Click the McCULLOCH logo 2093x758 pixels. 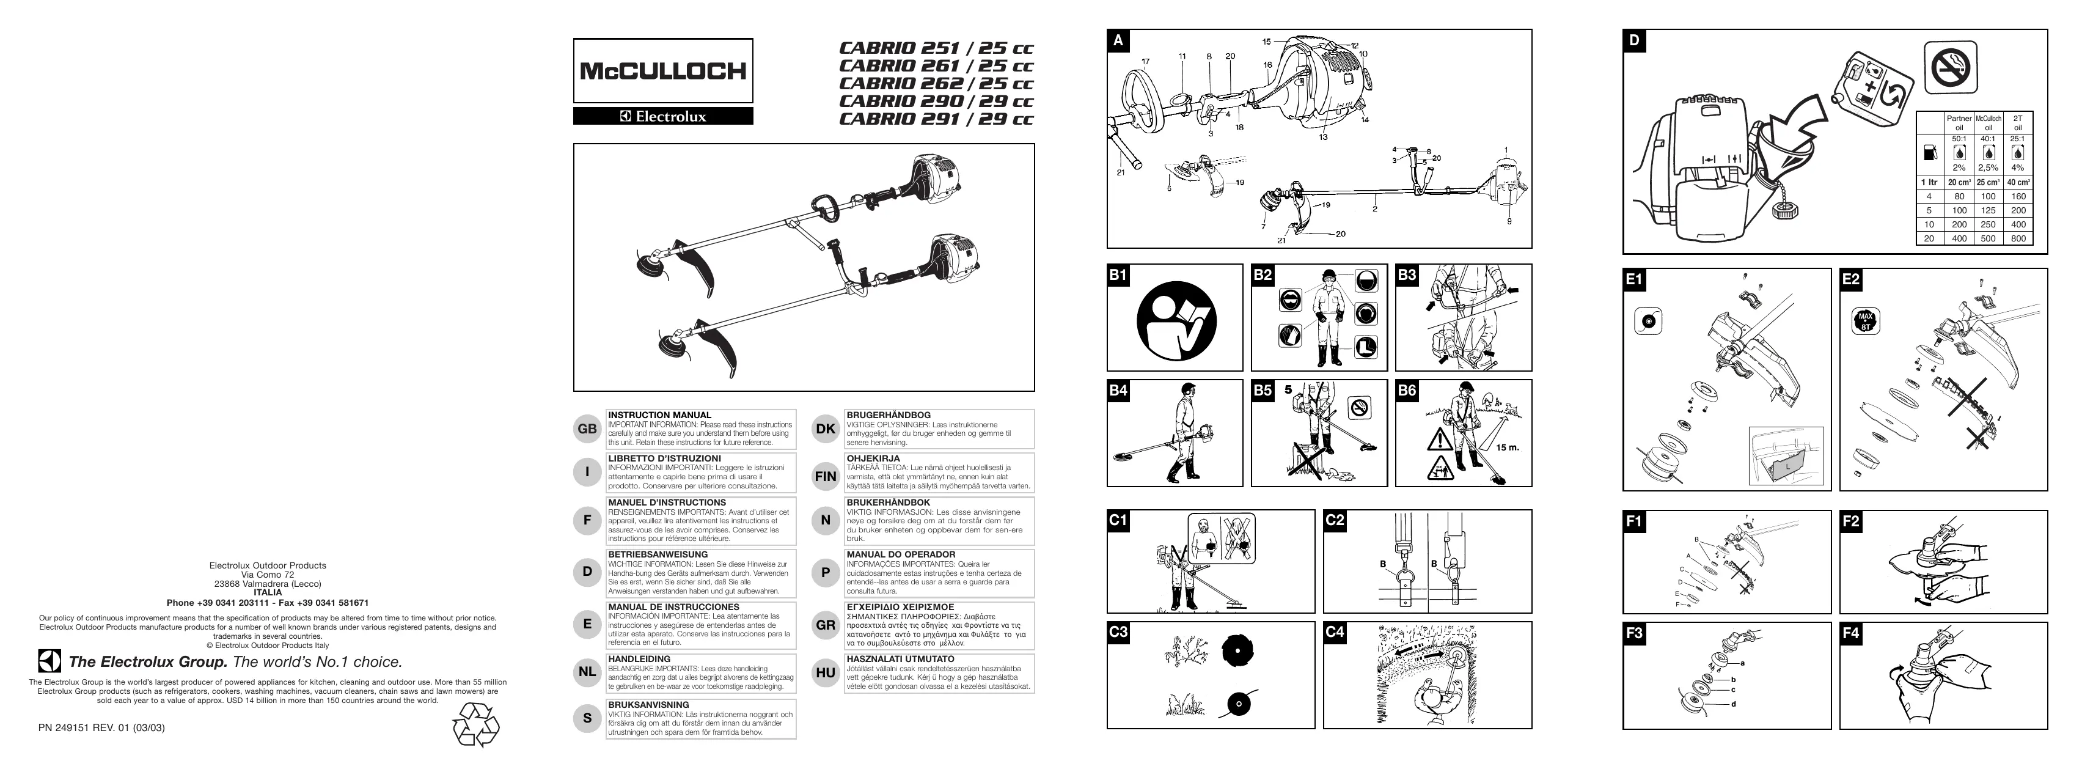662,71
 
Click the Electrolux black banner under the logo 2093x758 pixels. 662,116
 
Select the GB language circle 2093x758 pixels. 587,429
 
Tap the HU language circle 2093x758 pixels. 826,672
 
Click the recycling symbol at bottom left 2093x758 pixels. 475,725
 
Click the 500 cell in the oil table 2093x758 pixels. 1988,239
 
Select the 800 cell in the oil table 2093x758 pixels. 2018,239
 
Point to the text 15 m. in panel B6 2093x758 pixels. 1507,447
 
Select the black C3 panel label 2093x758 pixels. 1119,633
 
